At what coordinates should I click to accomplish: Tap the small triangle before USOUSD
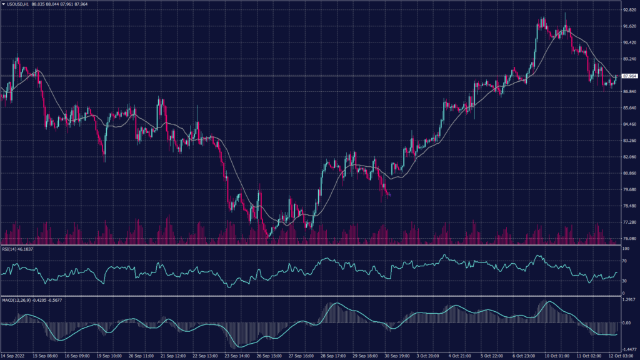[x=3, y=4]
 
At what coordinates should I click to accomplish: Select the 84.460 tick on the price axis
[x=629, y=124]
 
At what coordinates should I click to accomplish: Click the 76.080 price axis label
[x=629, y=239]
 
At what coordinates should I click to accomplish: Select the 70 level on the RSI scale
[x=625, y=262]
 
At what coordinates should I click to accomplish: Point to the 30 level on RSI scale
[x=625, y=282]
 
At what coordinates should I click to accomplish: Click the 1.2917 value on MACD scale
[x=628, y=300]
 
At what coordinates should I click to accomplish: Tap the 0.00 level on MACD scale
[x=626, y=323]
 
